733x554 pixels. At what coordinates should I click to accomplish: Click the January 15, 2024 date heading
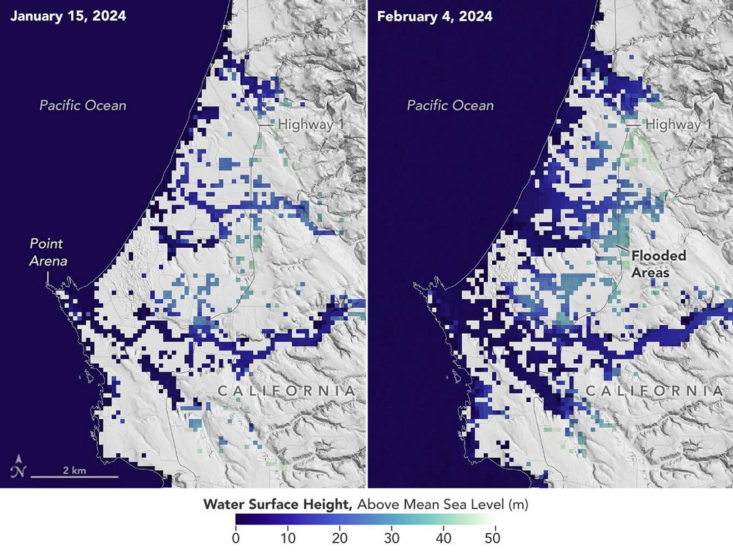click(68, 16)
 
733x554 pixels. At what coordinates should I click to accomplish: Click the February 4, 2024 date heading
click(435, 16)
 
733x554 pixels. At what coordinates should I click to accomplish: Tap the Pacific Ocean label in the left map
click(83, 105)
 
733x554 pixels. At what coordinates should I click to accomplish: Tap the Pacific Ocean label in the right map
click(450, 105)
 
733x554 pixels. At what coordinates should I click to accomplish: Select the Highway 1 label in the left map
click(312, 124)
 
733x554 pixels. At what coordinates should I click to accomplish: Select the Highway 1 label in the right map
click(679, 124)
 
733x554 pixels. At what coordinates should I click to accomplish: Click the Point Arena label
click(48, 252)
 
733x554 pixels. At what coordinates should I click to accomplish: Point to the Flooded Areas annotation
click(658, 264)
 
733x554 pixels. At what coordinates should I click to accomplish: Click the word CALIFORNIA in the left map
click(286, 391)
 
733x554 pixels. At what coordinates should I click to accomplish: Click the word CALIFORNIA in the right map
click(654, 391)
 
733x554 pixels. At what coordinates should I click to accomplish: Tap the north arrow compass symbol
click(18, 466)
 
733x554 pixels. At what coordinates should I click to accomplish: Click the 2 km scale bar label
click(74, 470)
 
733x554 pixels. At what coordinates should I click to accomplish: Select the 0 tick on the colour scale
click(236, 538)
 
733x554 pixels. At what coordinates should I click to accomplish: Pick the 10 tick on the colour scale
click(288, 538)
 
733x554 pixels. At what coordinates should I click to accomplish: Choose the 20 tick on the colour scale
click(340, 538)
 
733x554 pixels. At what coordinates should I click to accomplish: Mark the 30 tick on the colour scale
click(391, 538)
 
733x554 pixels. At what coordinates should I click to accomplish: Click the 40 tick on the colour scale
click(443, 538)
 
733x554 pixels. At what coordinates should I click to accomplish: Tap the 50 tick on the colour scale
click(493, 538)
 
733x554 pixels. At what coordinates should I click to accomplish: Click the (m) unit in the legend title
click(519, 504)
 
